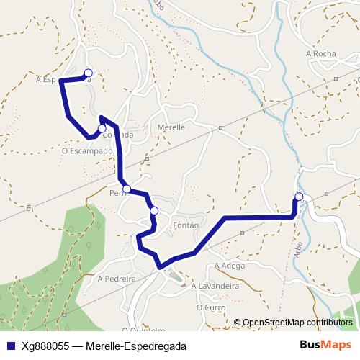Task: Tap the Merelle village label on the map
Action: pyautogui.click(x=171, y=127)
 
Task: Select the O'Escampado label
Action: pyautogui.click(x=88, y=151)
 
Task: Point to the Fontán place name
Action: pyautogui.click(x=185, y=225)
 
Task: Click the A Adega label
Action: pyautogui.click(x=230, y=266)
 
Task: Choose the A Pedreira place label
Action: pyautogui.click(x=117, y=278)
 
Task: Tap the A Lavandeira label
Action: pyautogui.click(x=215, y=286)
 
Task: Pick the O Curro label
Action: pyautogui.click(x=211, y=307)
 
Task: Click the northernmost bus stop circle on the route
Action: pyautogui.click(x=89, y=72)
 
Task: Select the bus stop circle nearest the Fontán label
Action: pyautogui.click(x=154, y=210)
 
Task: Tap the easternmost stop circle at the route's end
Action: pyautogui.click(x=299, y=197)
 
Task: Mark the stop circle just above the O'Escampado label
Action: pyautogui.click(x=102, y=128)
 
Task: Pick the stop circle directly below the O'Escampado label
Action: pyautogui.click(x=127, y=189)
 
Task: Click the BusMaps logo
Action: pyautogui.click(x=326, y=345)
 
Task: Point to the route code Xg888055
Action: pyautogui.click(x=48, y=346)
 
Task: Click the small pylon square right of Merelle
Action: pyautogui.click(x=220, y=129)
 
